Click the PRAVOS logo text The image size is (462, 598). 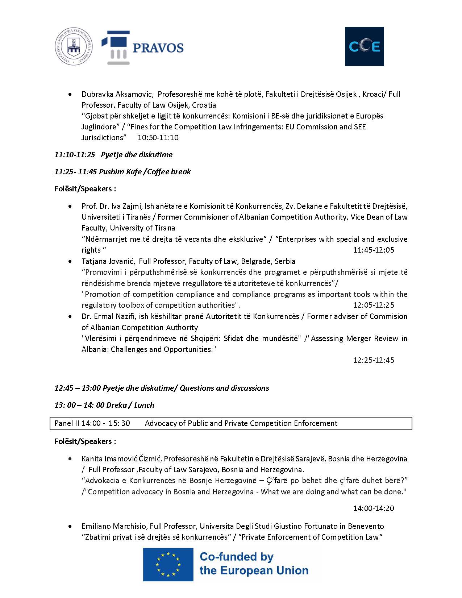point(158,48)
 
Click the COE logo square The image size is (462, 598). point(364,46)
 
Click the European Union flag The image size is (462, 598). point(168,564)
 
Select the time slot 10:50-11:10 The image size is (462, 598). point(158,138)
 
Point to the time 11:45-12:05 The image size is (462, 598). point(374,250)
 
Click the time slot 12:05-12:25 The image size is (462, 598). point(374,305)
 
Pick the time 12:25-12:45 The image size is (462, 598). point(374,360)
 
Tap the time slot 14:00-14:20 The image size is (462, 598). point(374,508)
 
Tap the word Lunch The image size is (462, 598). point(144,405)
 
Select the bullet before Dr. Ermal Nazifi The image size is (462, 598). point(70,317)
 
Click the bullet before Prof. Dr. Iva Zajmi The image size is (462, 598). point(70,207)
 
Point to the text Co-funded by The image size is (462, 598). point(237,557)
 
